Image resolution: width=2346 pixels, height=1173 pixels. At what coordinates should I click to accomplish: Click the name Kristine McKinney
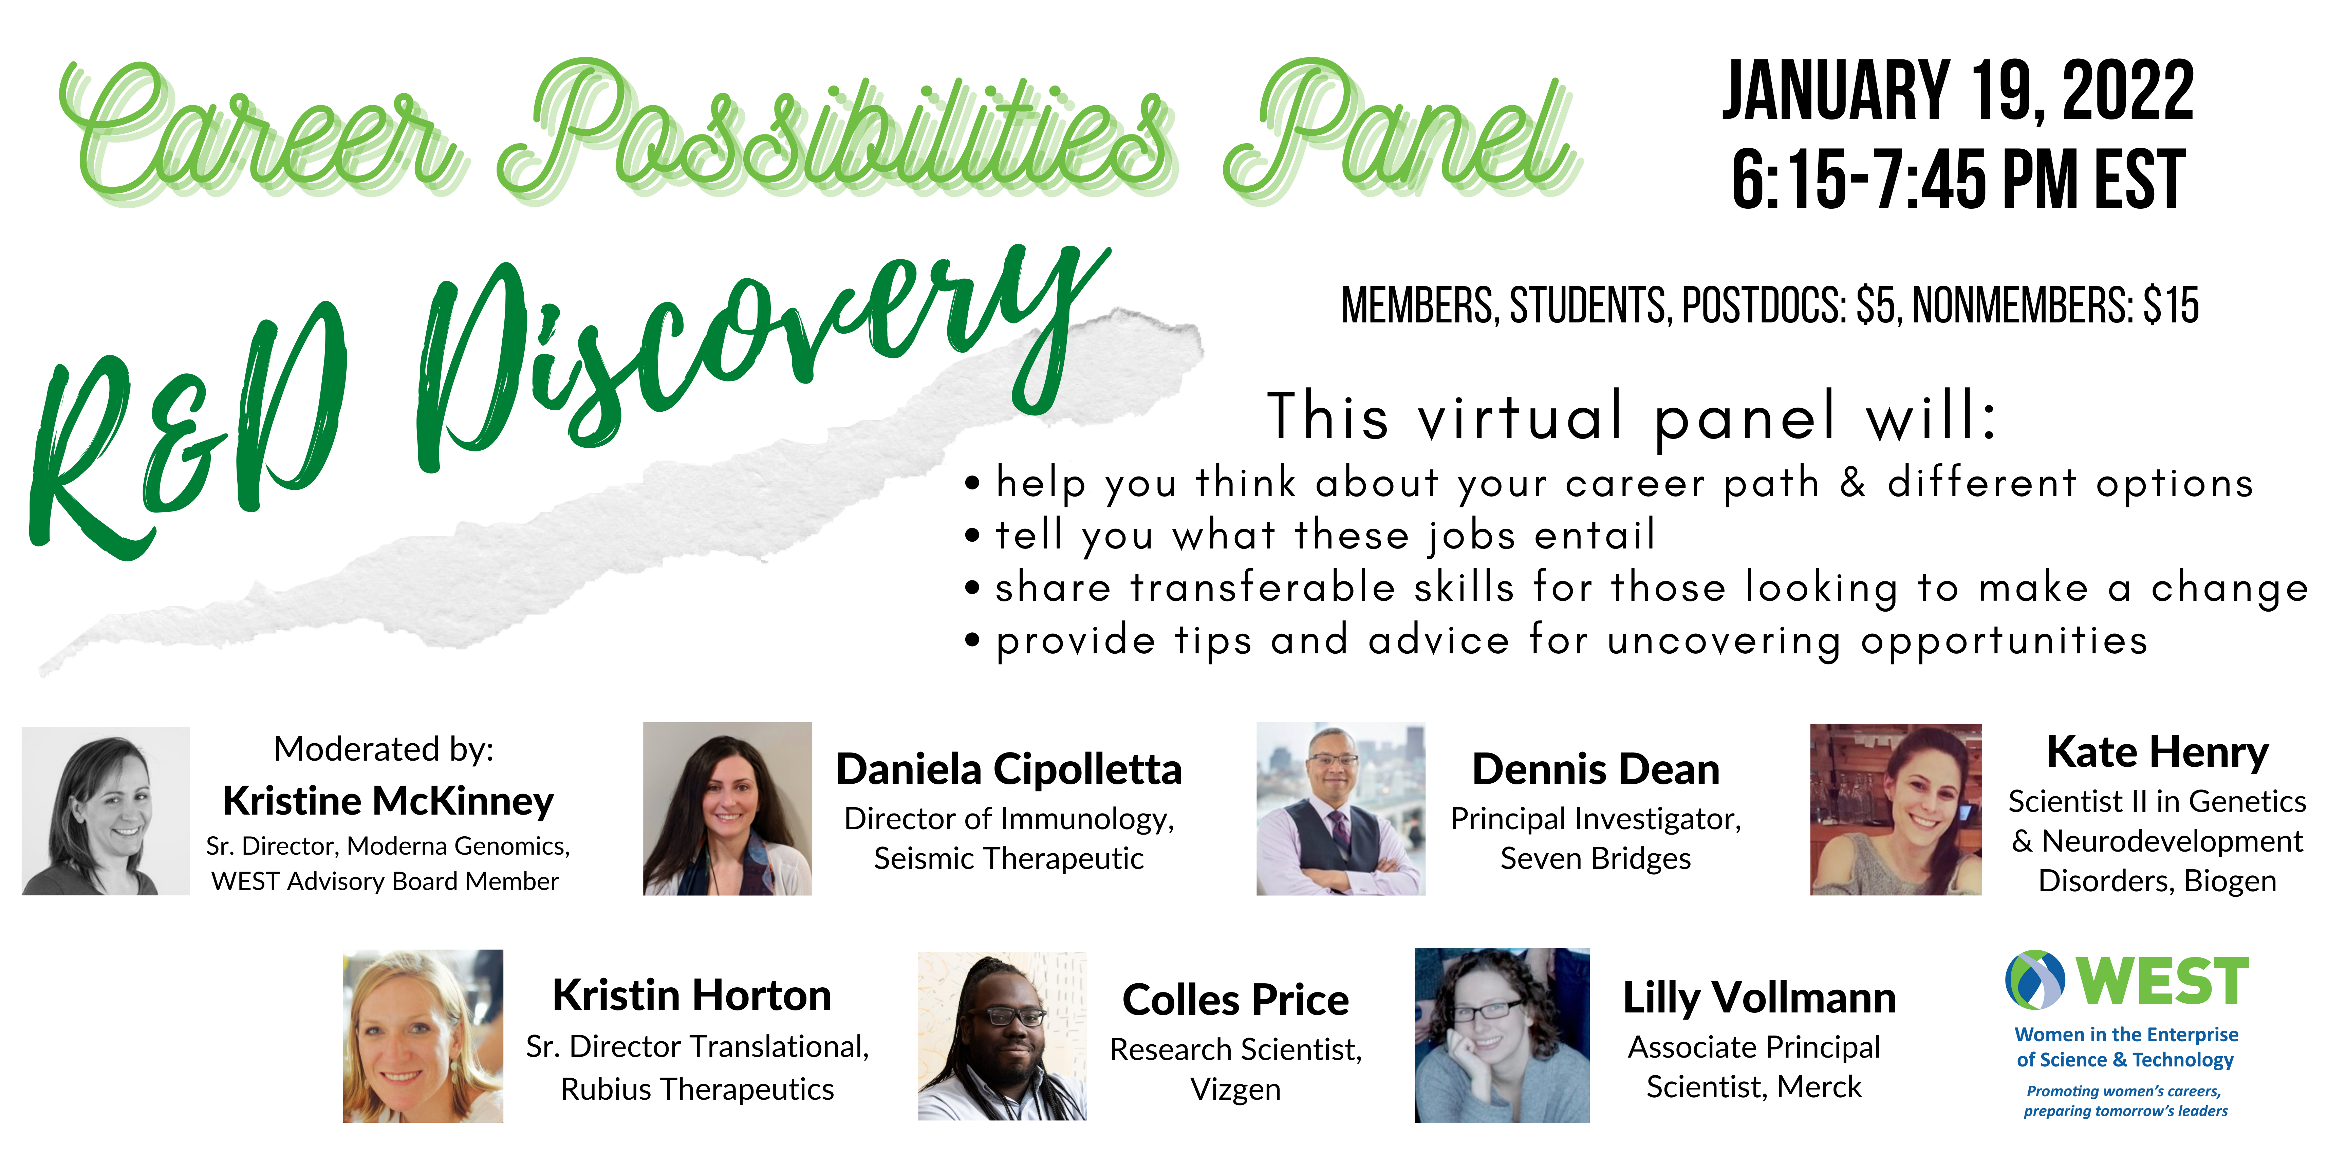tap(388, 801)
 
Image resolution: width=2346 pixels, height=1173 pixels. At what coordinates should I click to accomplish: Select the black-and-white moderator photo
tap(106, 811)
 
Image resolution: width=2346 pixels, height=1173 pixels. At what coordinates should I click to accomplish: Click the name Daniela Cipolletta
tap(1009, 769)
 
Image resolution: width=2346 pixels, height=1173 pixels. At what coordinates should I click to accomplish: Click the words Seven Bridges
tap(1596, 859)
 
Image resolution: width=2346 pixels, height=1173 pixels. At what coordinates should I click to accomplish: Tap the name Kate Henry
tap(2158, 753)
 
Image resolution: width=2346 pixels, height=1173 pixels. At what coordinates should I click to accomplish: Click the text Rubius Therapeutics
tap(697, 1089)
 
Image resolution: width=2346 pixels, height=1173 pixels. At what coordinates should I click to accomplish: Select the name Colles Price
tap(1236, 1000)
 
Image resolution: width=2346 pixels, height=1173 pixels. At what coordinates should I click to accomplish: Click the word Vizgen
tap(1236, 1090)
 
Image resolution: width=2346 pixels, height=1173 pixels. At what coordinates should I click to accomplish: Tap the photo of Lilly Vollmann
tap(1502, 1036)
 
